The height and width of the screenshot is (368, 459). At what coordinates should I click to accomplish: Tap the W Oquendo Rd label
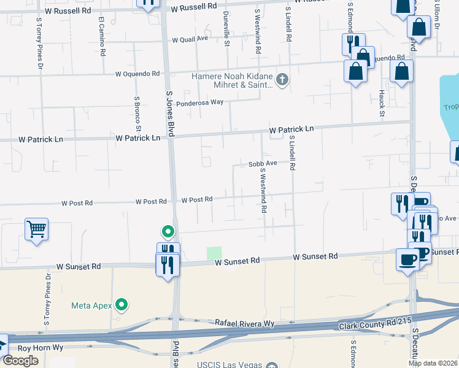pyautogui.click(x=137, y=74)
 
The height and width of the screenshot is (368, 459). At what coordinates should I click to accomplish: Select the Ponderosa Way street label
pyautogui.click(x=200, y=103)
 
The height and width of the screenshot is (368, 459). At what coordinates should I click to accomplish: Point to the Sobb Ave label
pyautogui.click(x=263, y=164)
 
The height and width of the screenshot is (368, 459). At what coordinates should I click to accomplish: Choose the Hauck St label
pyautogui.click(x=382, y=103)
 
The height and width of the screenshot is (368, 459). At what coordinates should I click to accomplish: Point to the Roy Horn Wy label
pyautogui.click(x=40, y=348)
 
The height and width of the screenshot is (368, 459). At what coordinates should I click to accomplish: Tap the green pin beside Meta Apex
pyautogui.click(x=122, y=304)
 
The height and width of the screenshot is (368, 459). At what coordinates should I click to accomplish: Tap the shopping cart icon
pyautogui.click(x=36, y=229)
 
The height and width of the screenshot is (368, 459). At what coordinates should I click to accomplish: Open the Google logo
pyautogui.click(x=20, y=361)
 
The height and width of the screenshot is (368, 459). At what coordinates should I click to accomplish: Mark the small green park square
pyautogui.click(x=214, y=253)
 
